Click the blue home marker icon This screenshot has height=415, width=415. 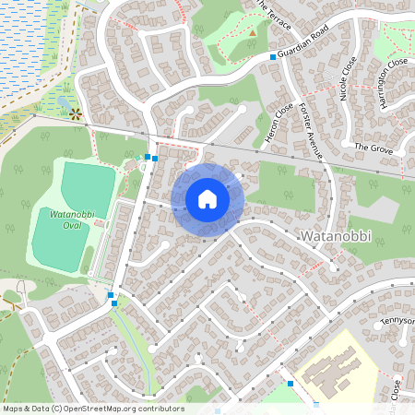[207, 199]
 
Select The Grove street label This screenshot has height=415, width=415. [373, 147]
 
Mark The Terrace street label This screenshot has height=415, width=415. [274, 15]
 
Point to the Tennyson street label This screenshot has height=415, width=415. [397, 321]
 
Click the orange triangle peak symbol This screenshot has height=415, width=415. [253, 33]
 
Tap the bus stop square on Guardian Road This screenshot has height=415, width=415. [273, 57]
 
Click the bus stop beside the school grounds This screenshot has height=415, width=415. [290, 384]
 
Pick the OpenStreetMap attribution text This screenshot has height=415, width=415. [93, 409]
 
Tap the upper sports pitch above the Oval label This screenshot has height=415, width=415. [88, 184]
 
